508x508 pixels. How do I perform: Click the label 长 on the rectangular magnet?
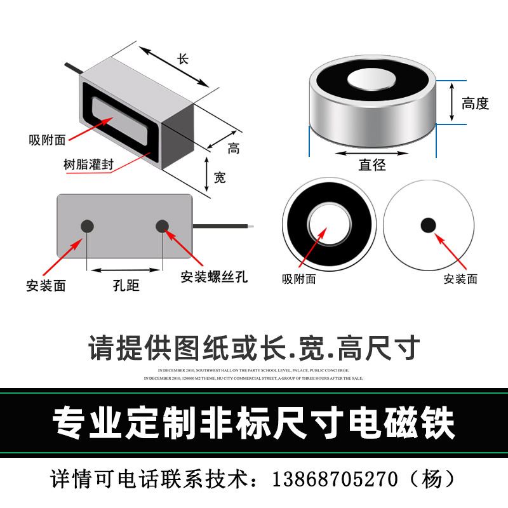tap(183, 58)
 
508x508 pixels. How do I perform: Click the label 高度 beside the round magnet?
tap(475, 103)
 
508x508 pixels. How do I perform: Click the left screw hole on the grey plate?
tap(87, 225)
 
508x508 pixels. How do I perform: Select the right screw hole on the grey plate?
tap(163, 225)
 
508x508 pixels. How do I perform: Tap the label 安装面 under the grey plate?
tap(46, 286)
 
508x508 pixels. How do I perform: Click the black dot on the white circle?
tap(429, 225)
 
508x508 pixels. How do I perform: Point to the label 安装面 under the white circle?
tap(460, 279)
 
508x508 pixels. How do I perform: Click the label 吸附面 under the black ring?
tap(298, 279)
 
